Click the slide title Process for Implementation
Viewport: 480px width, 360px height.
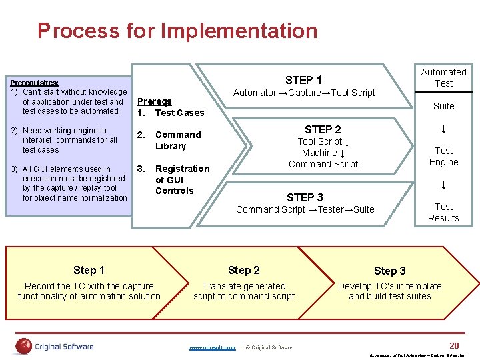coord(177,31)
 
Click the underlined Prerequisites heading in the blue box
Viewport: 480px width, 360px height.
coord(34,82)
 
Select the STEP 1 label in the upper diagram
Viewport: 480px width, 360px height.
coord(304,79)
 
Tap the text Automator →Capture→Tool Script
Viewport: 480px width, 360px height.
coord(304,93)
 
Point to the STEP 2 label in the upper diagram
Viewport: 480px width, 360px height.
coord(323,129)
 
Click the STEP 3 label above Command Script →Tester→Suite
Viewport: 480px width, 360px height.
coord(305,197)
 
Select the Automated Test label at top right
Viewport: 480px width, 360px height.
coord(443,77)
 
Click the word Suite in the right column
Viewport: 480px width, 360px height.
coord(443,106)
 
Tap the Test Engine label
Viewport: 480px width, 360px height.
coord(443,156)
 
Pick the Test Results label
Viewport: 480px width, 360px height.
coord(443,212)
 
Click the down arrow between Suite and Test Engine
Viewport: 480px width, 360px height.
coord(443,128)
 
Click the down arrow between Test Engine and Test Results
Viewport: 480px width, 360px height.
coord(443,185)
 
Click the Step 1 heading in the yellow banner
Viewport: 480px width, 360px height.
coord(89,270)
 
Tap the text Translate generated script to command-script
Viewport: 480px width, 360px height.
coord(244,291)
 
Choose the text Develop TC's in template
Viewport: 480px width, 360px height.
coord(390,286)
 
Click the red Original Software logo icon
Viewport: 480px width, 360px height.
coord(24,346)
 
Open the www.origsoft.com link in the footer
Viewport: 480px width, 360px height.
coord(212,347)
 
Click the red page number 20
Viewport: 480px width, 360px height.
coord(454,345)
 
